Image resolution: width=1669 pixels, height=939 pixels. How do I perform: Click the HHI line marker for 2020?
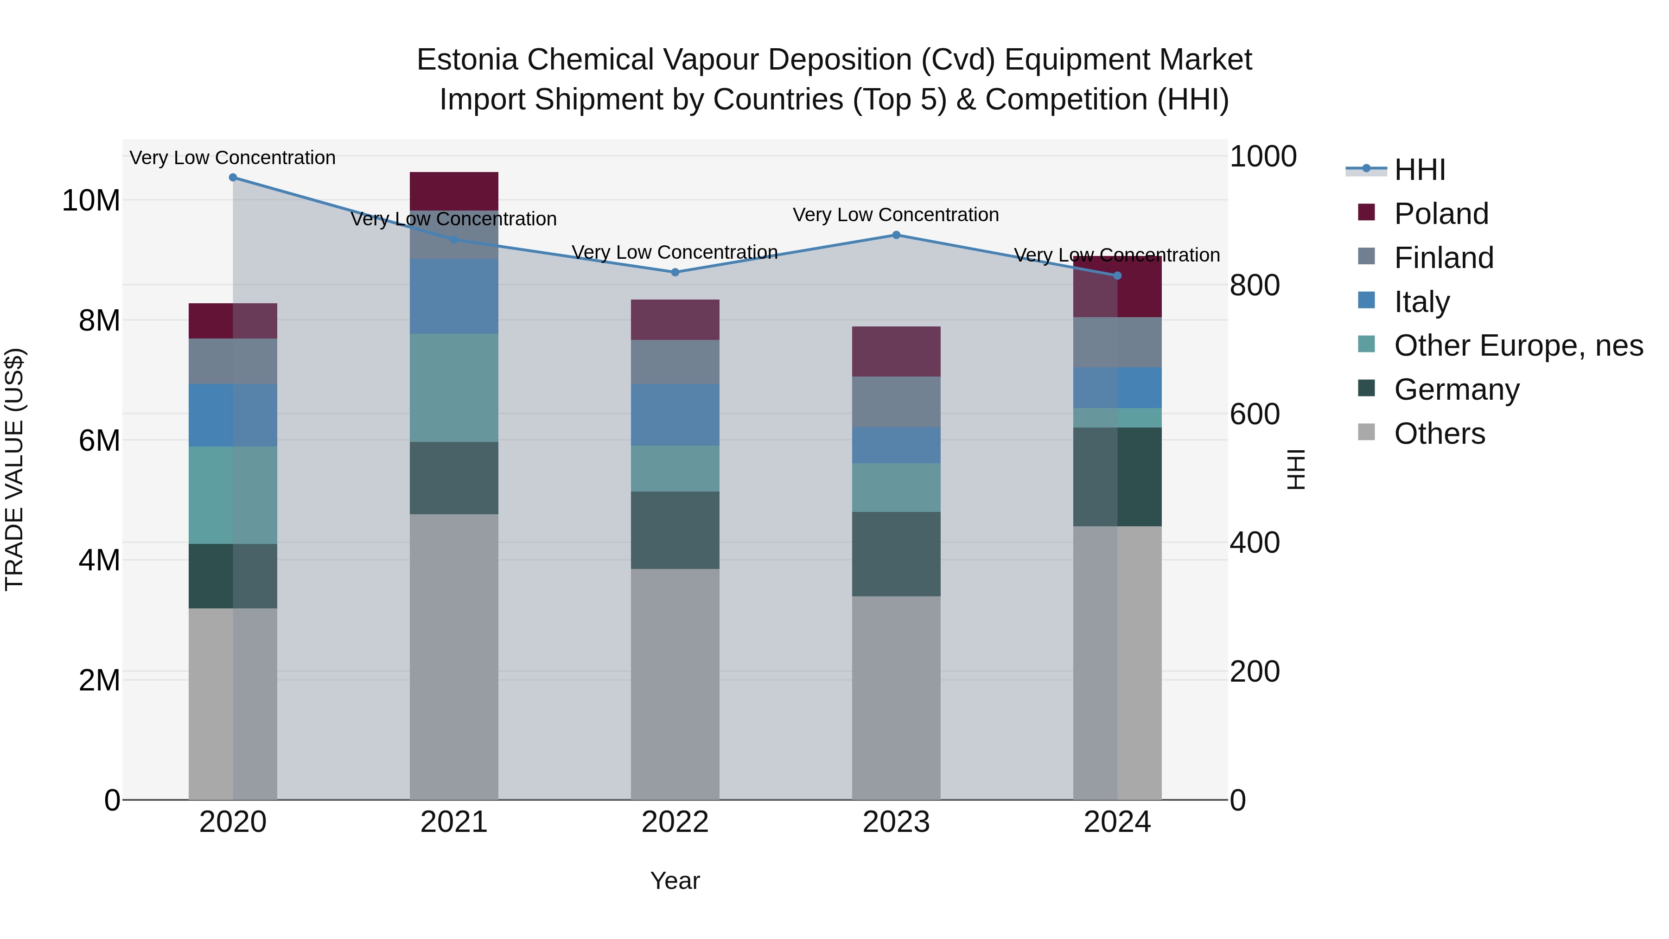coord(233,178)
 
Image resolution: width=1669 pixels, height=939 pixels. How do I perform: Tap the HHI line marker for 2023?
coord(896,235)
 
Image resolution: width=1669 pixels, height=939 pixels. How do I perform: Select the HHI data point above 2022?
coord(675,272)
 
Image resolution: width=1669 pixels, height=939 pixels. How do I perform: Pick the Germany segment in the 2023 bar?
coord(896,554)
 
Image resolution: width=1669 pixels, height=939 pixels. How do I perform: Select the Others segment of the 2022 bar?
coord(675,683)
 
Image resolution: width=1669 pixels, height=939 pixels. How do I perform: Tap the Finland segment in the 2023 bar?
coord(896,402)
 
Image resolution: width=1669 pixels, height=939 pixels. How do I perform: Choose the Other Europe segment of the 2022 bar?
coord(675,468)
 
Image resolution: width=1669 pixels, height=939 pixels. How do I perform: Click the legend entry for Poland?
coord(1441,214)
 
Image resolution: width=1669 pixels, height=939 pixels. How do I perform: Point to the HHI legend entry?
coord(1419,170)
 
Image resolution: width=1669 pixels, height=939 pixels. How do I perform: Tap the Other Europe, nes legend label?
coord(1518,345)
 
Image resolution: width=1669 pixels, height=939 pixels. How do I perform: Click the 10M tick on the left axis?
coord(91,201)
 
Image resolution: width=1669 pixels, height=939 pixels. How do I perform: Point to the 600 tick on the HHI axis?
coord(1255,414)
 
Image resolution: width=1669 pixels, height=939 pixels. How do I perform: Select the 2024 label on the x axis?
coord(1117,822)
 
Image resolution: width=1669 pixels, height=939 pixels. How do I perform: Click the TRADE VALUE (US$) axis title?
coord(14,469)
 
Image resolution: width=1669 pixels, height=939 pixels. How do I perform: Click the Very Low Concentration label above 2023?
coord(896,215)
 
